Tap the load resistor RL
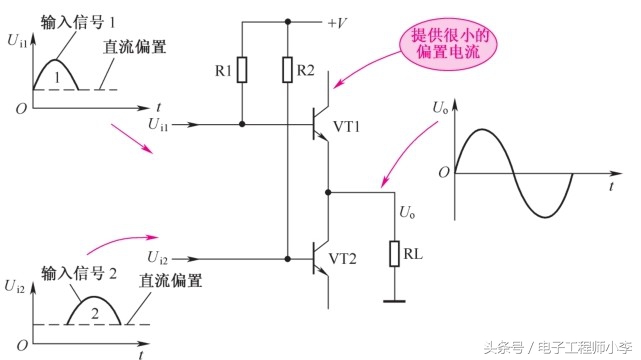(395, 254)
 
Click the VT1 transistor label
(347, 126)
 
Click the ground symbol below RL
(395, 297)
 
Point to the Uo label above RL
(406, 211)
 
